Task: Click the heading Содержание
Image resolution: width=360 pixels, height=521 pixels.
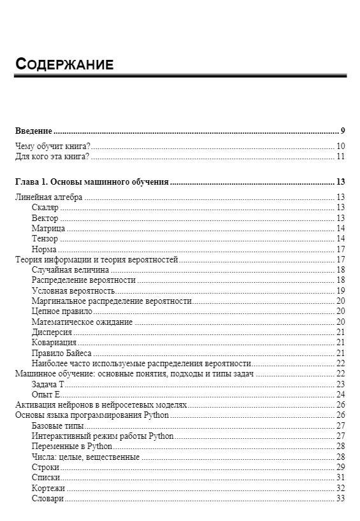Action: point(64,64)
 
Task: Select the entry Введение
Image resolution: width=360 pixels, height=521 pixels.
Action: point(33,131)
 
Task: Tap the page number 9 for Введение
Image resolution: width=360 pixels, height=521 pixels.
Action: point(343,131)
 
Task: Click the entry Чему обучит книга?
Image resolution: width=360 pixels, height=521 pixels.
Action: point(52,146)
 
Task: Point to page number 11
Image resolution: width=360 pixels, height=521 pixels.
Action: point(341,157)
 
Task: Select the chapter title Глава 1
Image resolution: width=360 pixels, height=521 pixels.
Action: point(91,182)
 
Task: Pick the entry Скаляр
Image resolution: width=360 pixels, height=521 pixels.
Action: point(45,208)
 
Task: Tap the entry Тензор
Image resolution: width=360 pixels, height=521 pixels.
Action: point(45,239)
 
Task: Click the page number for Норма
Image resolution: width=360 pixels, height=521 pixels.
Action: point(341,249)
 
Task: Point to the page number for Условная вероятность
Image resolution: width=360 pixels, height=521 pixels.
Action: point(341,290)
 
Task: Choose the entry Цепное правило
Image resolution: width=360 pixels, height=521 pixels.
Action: point(62,311)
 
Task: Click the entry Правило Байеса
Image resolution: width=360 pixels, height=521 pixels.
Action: point(61,353)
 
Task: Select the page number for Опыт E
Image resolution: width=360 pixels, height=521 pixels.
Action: point(341,394)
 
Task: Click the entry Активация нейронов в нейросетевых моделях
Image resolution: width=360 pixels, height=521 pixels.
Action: point(101,405)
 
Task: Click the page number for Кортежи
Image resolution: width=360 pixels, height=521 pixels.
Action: point(341,488)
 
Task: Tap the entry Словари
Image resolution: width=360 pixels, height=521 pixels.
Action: point(47,498)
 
